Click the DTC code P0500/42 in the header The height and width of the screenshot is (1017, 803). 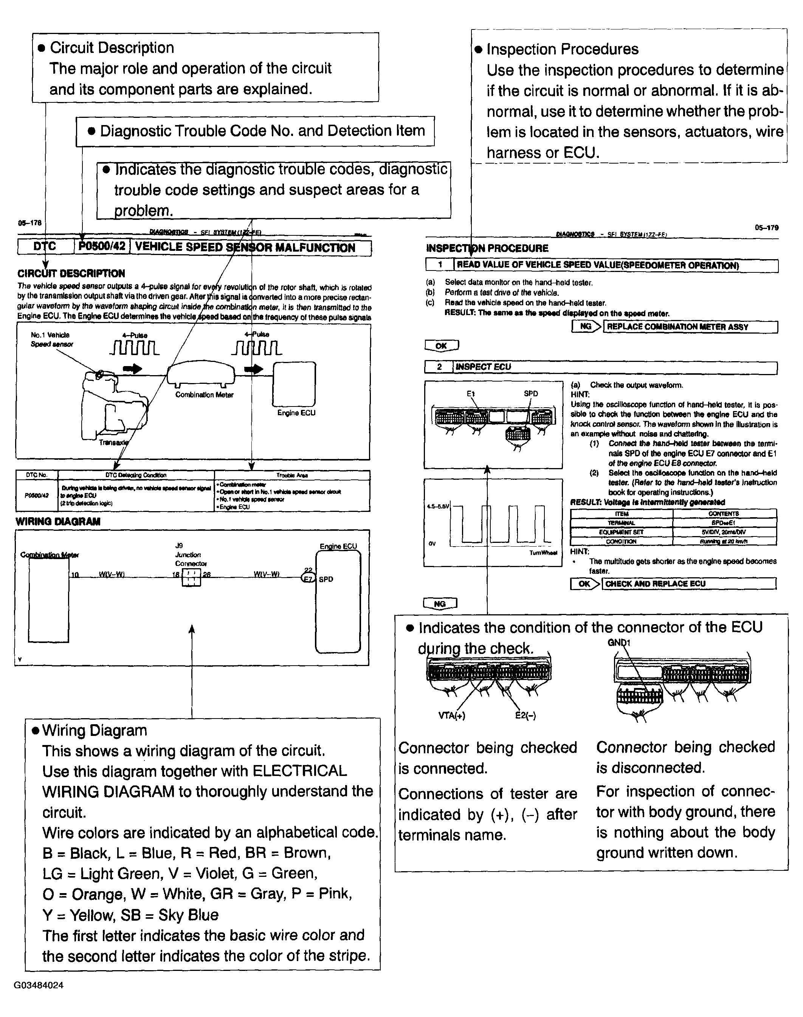[x=102, y=247]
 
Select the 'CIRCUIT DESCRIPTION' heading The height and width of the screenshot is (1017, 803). [x=71, y=274]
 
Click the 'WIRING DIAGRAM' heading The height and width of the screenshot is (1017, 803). [x=58, y=521]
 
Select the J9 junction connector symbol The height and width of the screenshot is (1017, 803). [x=191, y=577]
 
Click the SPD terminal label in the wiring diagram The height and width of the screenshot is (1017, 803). [x=326, y=579]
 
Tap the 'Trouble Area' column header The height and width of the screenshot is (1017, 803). [x=291, y=475]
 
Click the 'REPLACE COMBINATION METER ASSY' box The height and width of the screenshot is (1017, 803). [x=689, y=326]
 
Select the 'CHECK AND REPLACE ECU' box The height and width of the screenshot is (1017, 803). [x=688, y=583]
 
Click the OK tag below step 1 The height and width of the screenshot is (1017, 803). [x=441, y=346]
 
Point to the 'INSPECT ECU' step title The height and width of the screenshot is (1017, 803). [x=483, y=366]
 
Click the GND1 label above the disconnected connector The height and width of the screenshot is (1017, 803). [x=619, y=643]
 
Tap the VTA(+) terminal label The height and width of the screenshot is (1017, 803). [x=451, y=716]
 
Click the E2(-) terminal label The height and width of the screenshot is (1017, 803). [x=525, y=716]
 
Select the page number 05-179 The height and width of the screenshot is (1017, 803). [x=766, y=228]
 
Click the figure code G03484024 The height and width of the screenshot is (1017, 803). [x=39, y=985]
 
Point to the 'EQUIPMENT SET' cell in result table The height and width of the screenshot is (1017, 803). [x=621, y=532]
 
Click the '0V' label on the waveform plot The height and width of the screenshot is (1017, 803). [x=432, y=544]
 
